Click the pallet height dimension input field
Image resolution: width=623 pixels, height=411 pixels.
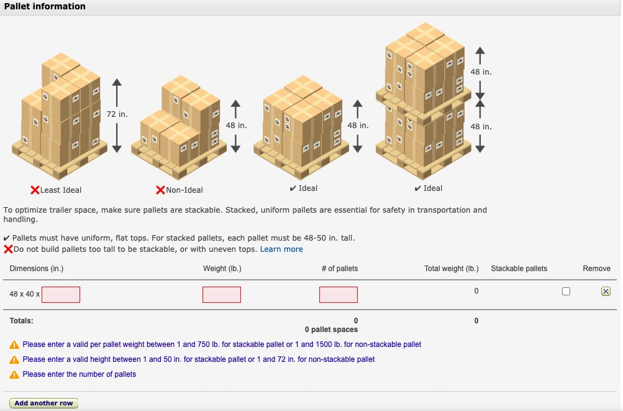click(61, 295)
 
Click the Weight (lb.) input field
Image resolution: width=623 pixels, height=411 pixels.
click(221, 295)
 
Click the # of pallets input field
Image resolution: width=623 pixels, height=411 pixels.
click(339, 295)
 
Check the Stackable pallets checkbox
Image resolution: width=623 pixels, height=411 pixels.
click(566, 292)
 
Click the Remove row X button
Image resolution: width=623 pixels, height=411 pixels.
click(606, 292)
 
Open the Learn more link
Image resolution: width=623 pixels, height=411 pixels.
click(281, 249)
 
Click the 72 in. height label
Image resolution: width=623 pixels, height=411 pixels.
click(117, 114)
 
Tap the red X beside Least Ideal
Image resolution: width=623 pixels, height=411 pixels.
click(35, 190)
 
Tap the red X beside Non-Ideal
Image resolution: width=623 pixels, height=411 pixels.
click(160, 190)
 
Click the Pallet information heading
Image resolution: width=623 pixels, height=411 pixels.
click(45, 6)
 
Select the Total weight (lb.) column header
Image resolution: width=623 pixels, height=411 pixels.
click(451, 269)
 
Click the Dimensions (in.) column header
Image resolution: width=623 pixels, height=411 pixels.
click(37, 269)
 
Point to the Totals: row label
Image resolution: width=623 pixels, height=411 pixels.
click(21, 321)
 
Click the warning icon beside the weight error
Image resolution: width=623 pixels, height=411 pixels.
click(14, 344)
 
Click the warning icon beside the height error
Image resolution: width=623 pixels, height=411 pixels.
click(14, 359)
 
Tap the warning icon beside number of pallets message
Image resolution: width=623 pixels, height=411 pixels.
click(14, 374)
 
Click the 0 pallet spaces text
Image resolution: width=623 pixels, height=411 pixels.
click(331, 330)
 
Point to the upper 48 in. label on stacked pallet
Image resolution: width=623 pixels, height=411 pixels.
click(481, 72)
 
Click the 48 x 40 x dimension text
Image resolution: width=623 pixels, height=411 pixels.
click(25, 294)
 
